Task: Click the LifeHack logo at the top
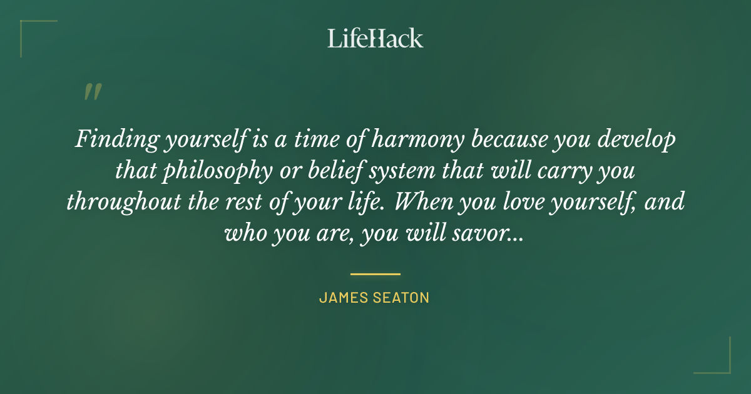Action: (x=375, y=38)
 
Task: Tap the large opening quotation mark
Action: (x=92, y=93)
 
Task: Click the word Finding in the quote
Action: (x=113, y=139)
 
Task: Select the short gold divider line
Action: (x=375, y=274)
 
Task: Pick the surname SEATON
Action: (x=403, y=298)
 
